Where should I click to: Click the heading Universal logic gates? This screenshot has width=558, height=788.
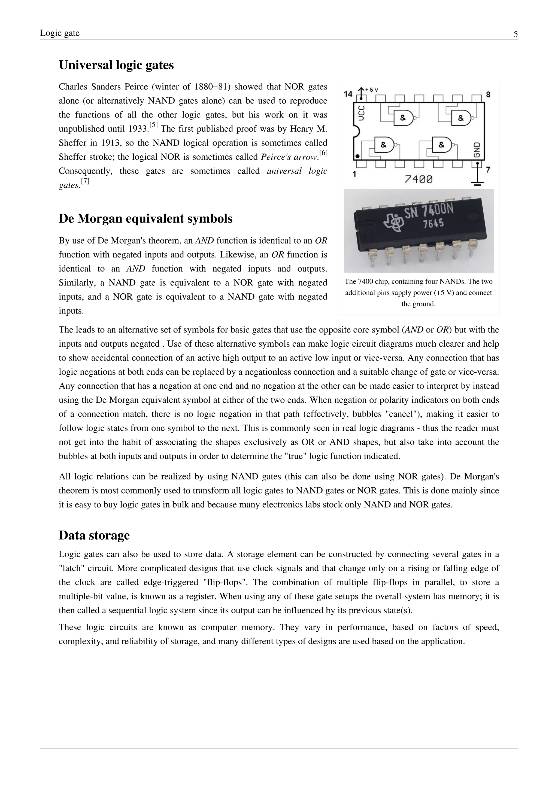point(116,65)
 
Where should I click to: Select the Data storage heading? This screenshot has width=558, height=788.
point(94,535)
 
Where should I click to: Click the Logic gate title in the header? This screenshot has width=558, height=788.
point(59,33)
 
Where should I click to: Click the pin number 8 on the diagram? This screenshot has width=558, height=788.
point(488,94)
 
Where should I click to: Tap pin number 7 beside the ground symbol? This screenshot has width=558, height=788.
point(488,170)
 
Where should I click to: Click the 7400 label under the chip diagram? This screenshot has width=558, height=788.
point(418,180)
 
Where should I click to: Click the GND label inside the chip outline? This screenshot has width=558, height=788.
point(477,150)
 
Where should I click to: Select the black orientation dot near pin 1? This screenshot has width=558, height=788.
point(357,156)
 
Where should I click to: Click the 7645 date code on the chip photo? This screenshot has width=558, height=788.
point(433,224)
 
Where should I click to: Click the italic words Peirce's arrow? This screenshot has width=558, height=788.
point(289,157)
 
